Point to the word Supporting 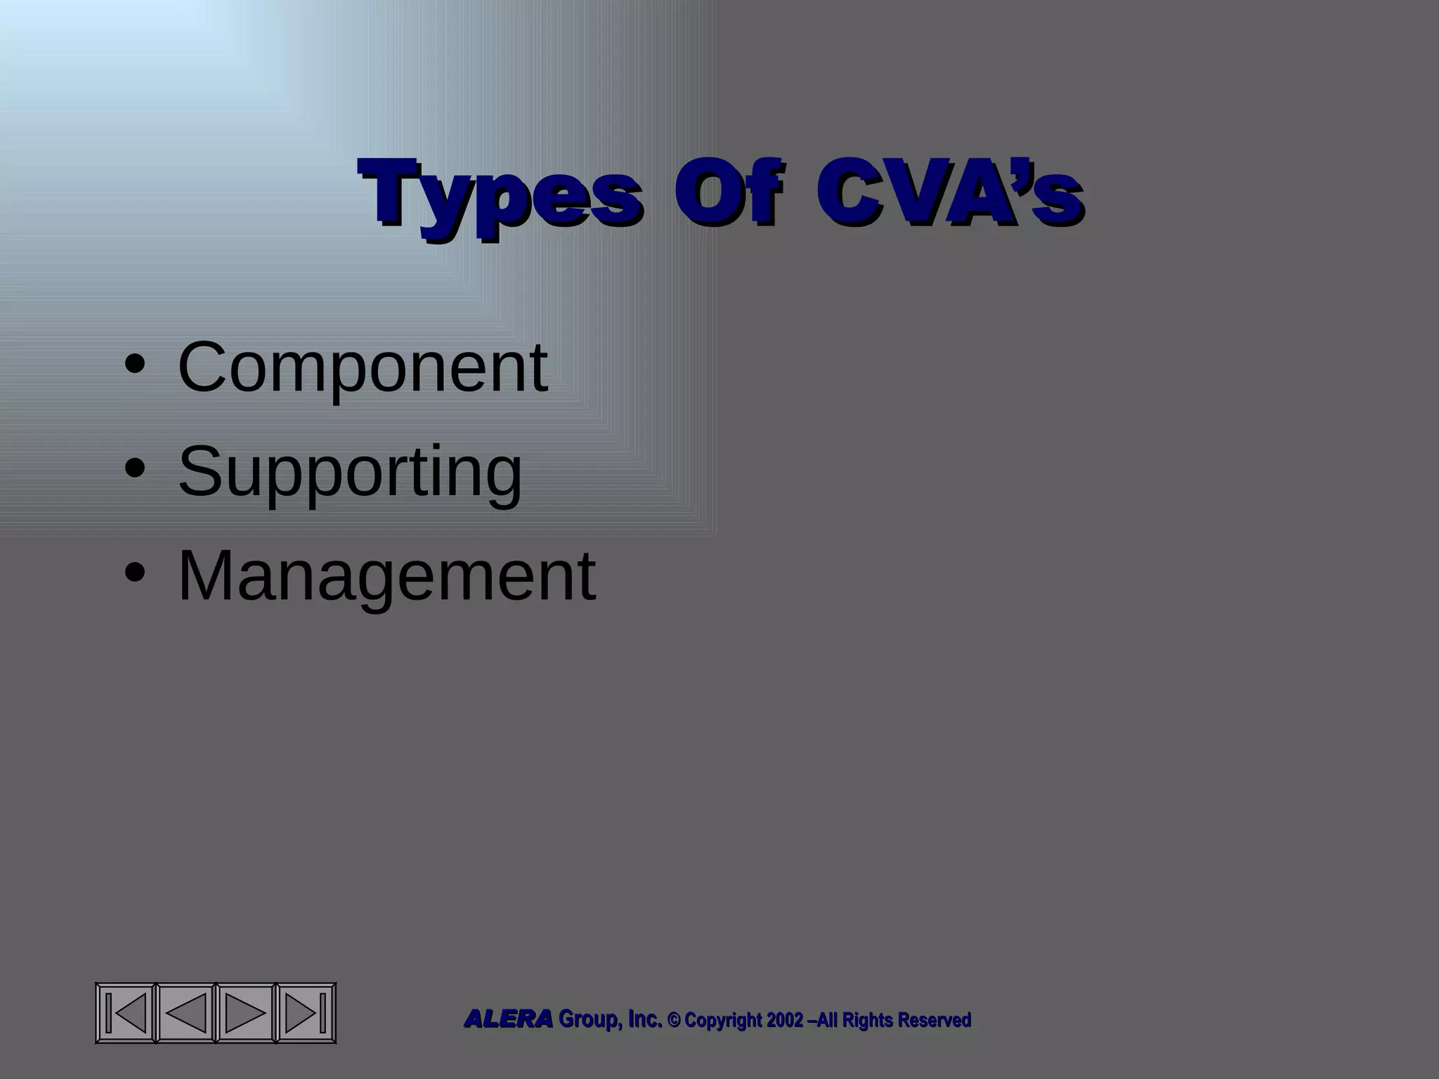click(x=350, y=472)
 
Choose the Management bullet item click(x=386, y=575)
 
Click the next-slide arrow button click(x=245, y=1012)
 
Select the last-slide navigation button click(x=306, y=1012)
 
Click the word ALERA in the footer click(x=508, y=1019)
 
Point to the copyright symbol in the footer click(x=673, y=1020)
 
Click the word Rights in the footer click(x=867, y=1020)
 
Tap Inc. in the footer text click(x=644, y=1019)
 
